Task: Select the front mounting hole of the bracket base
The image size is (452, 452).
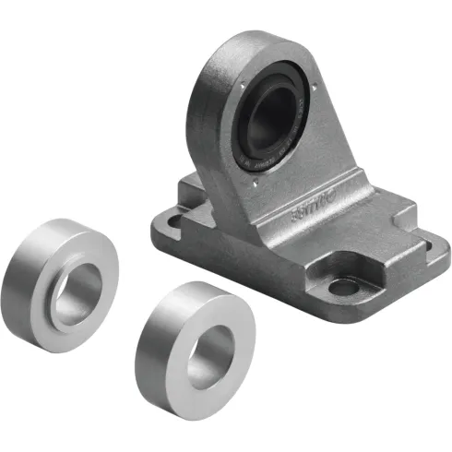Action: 342,287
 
